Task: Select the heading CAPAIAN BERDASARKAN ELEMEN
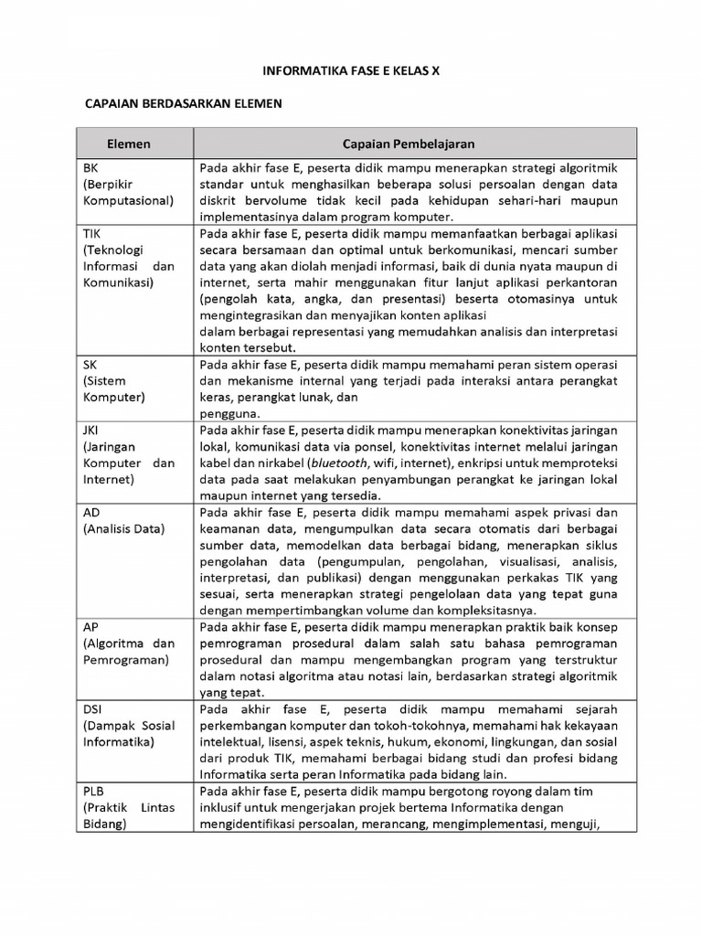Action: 183,104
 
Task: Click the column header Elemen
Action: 129,144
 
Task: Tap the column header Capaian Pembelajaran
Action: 409,144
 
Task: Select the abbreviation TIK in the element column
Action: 92,233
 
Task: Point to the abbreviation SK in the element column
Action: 90,364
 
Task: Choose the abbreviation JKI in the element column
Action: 92,430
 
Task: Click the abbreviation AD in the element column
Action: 91,512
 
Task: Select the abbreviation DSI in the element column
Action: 93,709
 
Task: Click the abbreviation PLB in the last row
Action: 94,792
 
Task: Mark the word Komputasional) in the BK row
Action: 128,200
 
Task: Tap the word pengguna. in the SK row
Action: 226,413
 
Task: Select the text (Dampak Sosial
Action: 129,726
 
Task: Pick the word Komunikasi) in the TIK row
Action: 119,282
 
